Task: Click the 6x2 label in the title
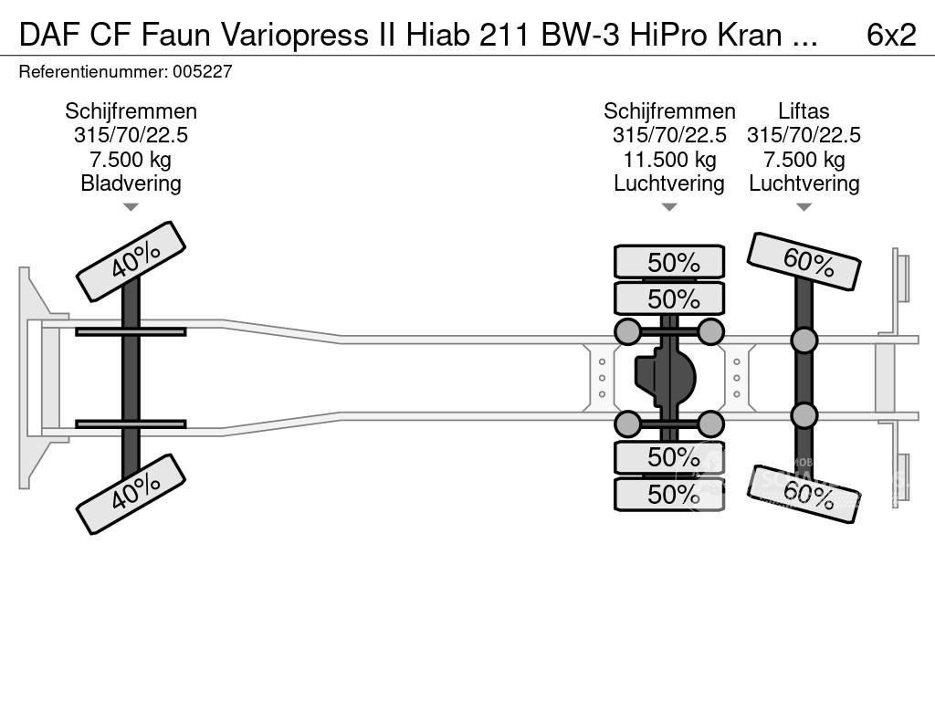click(x=891, y=34)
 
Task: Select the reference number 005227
click(x=203, y=71)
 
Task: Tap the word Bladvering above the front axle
click(x=131, y=183)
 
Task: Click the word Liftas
click(x=804, y=111)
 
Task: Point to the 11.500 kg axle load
click(x=669, y=159)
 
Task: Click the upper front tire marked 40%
click(x=131, y=261)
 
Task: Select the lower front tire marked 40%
click(x=131, y=494)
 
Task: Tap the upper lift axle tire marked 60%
click(x=804, y=262)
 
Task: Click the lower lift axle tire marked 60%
click(x=804, y=494)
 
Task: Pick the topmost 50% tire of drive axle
click(x=669, y=262)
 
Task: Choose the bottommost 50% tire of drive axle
click(x=669, y=494)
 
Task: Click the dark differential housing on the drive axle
click(x=666, y=378)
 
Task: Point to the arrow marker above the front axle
click(x=131, y=207)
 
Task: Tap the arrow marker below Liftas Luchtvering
click(x=804, y=207)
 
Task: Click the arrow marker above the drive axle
click(x=669, y=207)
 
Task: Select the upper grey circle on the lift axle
click(x=804, y=340)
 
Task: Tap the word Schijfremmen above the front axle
click(x=131, y=111)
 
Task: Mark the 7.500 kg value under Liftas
click(x=804, y=159)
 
